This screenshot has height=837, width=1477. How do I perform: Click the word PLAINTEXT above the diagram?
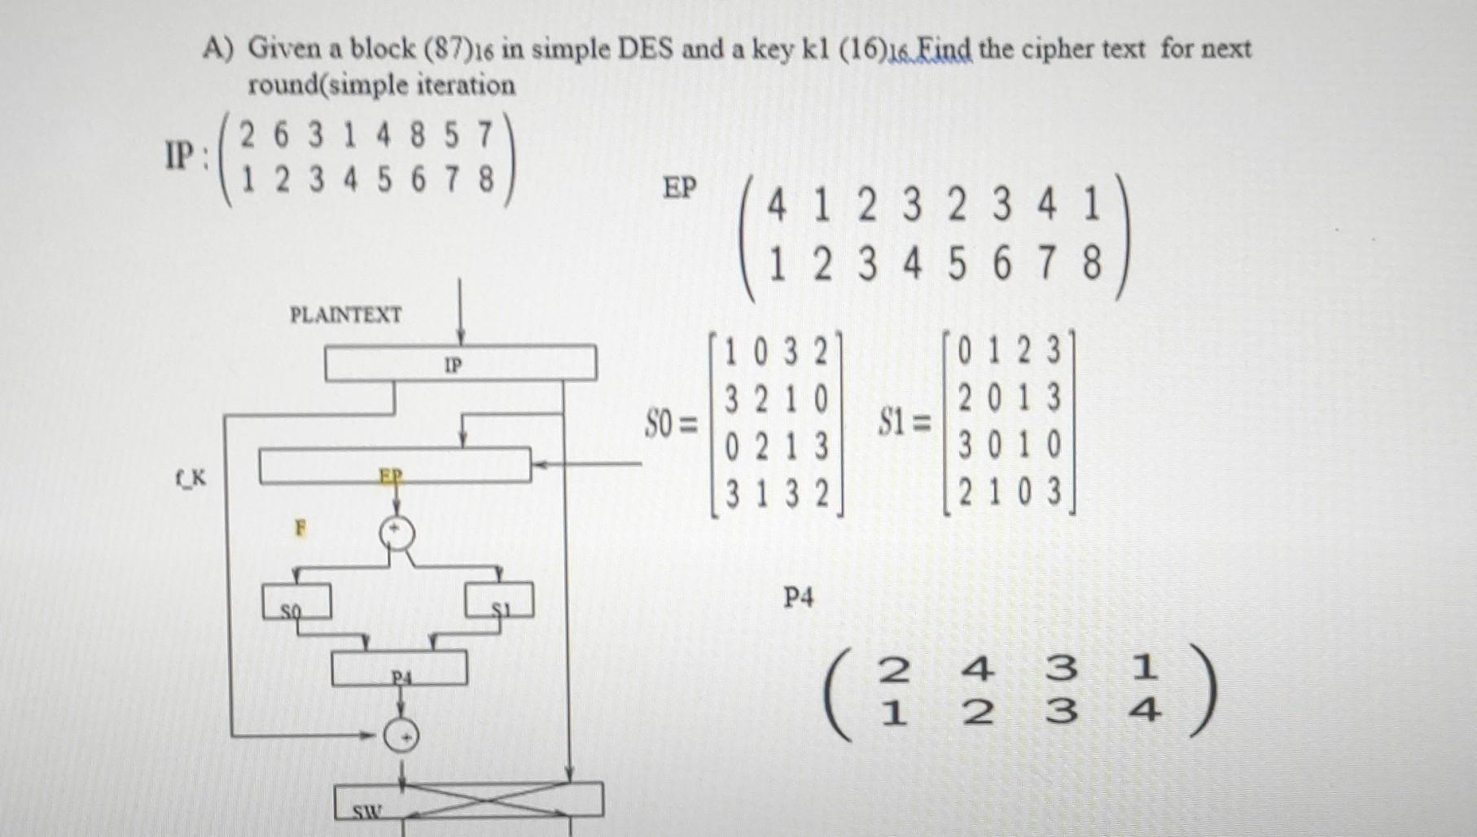345,315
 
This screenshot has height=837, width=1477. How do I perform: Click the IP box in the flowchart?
460,363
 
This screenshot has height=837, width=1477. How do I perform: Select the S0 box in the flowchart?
296,601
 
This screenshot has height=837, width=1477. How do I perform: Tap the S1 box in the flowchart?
499,601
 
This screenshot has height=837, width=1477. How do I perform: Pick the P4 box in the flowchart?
399,668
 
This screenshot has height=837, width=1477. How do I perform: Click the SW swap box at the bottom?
469,800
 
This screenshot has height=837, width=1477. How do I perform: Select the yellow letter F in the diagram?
300,528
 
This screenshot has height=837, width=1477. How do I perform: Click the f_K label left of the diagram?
190,478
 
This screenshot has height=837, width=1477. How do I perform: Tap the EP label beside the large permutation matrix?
680,188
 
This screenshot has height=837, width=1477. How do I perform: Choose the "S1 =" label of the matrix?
904,423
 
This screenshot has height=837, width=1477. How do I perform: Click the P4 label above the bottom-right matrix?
798,598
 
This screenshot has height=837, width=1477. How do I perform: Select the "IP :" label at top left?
186,155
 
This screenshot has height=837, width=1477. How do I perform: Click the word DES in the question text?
646,49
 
